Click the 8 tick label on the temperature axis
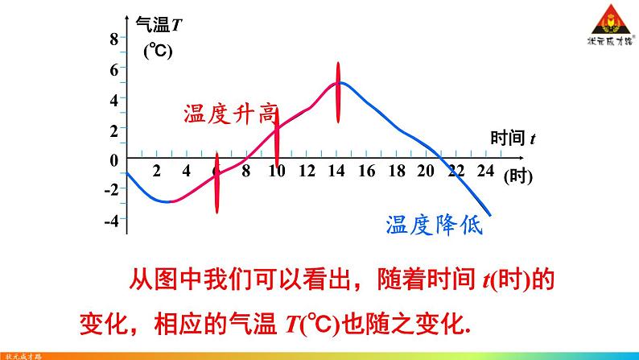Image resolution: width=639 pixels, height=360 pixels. point(113,39)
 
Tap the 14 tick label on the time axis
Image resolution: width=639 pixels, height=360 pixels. point(336,171)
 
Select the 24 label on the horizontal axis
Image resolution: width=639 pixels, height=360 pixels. point(484,171)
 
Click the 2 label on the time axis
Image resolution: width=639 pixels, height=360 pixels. point(156,171)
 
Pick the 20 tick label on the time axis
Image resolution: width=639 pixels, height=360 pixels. point(426,171)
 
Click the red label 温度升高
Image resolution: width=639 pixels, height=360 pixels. point(229,114)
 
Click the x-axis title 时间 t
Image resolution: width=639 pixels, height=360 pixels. point(513,138)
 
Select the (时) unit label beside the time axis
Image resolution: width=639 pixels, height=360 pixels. point(518,176)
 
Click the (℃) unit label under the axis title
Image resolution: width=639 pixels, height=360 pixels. point(159,52)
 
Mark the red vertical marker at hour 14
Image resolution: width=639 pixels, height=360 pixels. point(338,93)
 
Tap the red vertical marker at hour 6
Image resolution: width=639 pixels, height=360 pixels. point(216,182)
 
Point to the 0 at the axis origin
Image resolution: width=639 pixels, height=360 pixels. point(113,159)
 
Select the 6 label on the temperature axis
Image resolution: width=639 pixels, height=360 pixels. point(113,69)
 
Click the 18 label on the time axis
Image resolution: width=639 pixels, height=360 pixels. point(396,171)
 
